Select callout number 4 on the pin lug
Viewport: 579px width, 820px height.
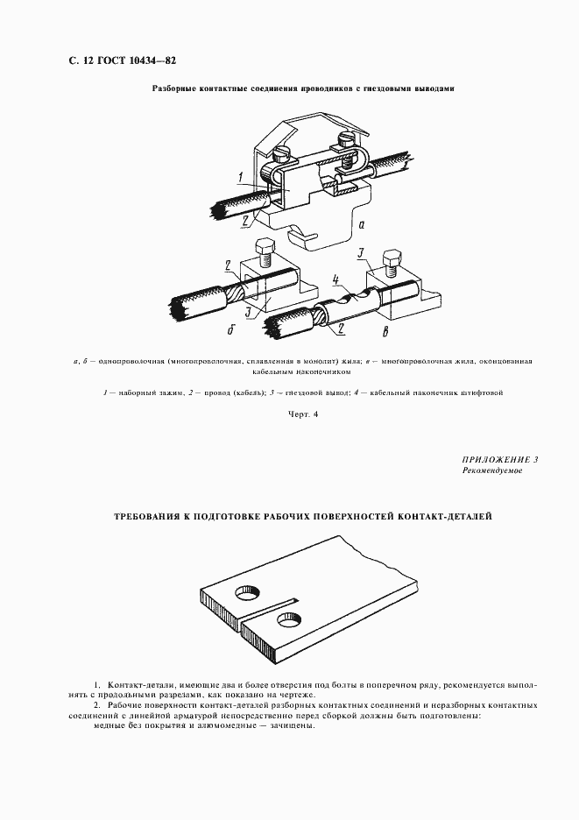click(x=335, y=282)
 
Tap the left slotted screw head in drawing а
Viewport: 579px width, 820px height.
click(x=284, y=151)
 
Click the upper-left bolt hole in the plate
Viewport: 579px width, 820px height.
click(x=246, y=595)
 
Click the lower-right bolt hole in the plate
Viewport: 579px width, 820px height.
click(x=287, y=621)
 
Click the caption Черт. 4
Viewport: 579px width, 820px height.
click(x=301, y=414)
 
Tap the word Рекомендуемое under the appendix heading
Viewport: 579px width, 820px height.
click(x=491, y=471)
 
